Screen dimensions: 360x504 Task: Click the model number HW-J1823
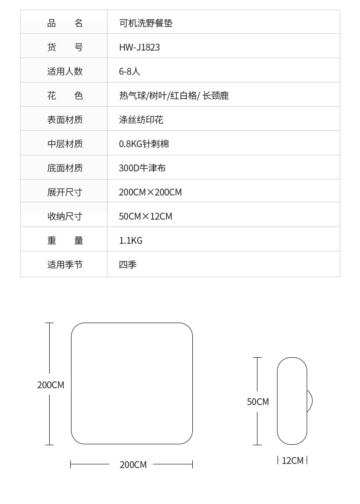tap(139, 47)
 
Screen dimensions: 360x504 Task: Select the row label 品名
tap(65, 23)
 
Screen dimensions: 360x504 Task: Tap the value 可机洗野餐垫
tap(146, 23)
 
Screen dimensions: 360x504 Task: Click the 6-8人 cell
tap(129, 72)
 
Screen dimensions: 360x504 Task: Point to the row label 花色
tap(65, 96)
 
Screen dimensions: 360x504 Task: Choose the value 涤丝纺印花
tap(141, 120)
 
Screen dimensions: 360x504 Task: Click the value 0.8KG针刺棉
tap(144, 144)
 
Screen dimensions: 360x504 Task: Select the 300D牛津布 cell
tap(142, 168)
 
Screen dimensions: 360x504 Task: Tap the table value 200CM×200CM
tap(150, 192)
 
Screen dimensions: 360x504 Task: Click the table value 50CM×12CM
tap(145, 216)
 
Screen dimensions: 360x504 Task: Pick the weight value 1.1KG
tap(131, 241)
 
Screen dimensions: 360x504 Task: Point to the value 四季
tap(128, 265)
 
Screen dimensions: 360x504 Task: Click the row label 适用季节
tap(65, 265)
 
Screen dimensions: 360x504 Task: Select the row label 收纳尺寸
tap(65, 216)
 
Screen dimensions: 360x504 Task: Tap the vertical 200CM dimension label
tap(51, 385)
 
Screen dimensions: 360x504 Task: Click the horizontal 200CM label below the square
tap(133, 465)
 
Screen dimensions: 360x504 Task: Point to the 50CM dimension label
tap(258, 402)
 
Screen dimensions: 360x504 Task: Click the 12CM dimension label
tap(293, 461)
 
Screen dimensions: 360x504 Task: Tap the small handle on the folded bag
tap(310, 401)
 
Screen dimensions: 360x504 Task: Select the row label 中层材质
tap(65, 144)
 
